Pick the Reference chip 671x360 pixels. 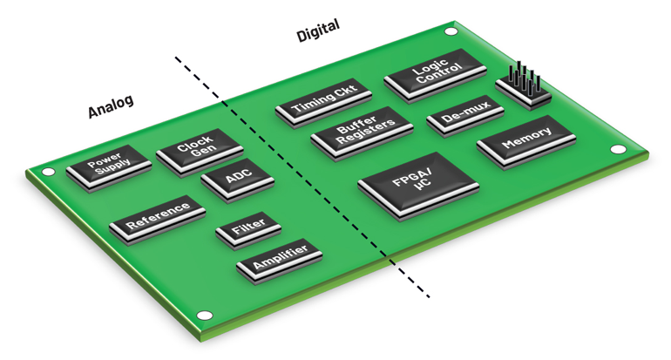point(157,215)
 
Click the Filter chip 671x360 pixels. point(248,230)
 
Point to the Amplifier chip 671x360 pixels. point(279,260)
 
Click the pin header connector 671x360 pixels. point(522,85)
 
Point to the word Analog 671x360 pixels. point(111,106)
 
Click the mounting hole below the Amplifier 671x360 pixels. point(206,316)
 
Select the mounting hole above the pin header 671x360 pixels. point(450,32)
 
